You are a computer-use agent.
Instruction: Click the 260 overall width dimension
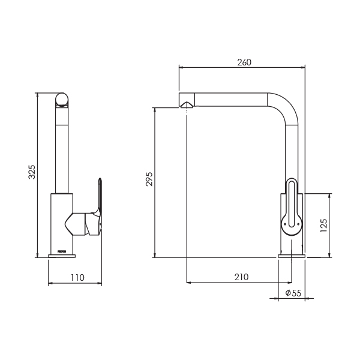(244, 62)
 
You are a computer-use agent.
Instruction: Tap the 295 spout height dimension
(149, 179)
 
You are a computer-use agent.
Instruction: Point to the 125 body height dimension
(324, 225)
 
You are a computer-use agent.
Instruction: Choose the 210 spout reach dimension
(241, 277)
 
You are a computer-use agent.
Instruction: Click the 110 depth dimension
(77, 277)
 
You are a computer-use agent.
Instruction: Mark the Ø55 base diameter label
(293, 293)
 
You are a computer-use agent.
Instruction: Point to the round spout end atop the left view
(62, 100)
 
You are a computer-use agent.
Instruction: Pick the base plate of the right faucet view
(292, 256)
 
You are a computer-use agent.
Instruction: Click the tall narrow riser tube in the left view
(62, 150)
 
